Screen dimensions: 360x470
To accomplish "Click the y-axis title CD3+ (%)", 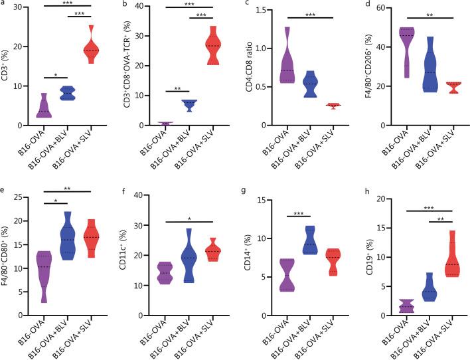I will click(x=9, y=66).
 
